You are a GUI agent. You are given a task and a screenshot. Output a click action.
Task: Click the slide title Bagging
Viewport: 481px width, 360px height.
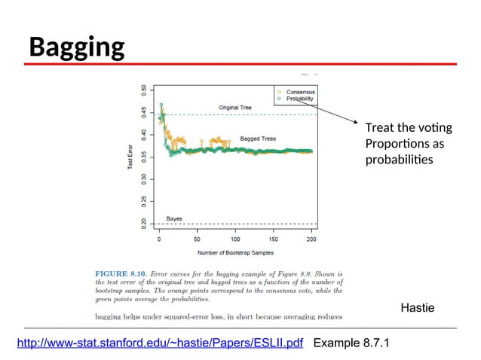pos(76,48)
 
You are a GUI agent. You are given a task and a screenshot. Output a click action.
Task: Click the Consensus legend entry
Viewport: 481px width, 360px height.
pos(300,91)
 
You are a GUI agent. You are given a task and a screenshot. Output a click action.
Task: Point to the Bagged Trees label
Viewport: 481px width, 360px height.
pos(259,139)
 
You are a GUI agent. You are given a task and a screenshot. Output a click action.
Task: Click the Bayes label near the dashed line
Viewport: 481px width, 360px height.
pos(174,218)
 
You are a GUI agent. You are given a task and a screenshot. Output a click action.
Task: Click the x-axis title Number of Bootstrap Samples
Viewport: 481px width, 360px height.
pos(236,252)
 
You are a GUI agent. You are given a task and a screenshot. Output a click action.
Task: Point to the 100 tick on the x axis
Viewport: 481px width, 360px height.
pos(235,240)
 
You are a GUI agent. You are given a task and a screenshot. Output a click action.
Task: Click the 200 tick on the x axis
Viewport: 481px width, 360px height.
pos(311,240)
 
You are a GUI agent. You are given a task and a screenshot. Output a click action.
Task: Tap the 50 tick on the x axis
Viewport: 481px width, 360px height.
pos(197,240)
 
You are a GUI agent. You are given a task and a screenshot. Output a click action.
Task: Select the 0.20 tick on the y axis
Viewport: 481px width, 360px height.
pos(145,223)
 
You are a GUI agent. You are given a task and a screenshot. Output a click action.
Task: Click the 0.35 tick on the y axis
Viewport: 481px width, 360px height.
pos(145,157)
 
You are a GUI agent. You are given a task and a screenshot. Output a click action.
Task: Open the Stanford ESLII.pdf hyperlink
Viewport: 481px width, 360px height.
pos(160,344)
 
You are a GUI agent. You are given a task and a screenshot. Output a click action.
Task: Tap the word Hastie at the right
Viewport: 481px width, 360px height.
pos(420,308)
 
